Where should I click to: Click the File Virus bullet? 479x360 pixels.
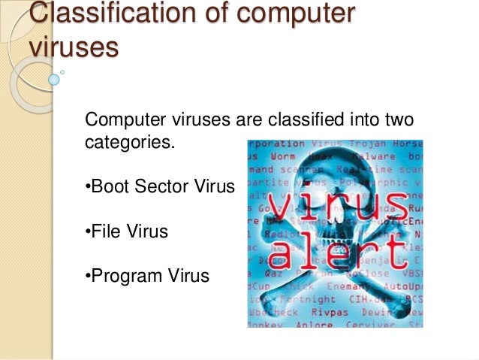tap(125, 231)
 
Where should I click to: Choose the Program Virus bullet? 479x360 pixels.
tap(146, 277)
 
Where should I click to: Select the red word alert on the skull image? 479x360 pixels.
tap(338, 253)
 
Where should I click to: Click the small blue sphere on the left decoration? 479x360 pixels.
tap(54, 78)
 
